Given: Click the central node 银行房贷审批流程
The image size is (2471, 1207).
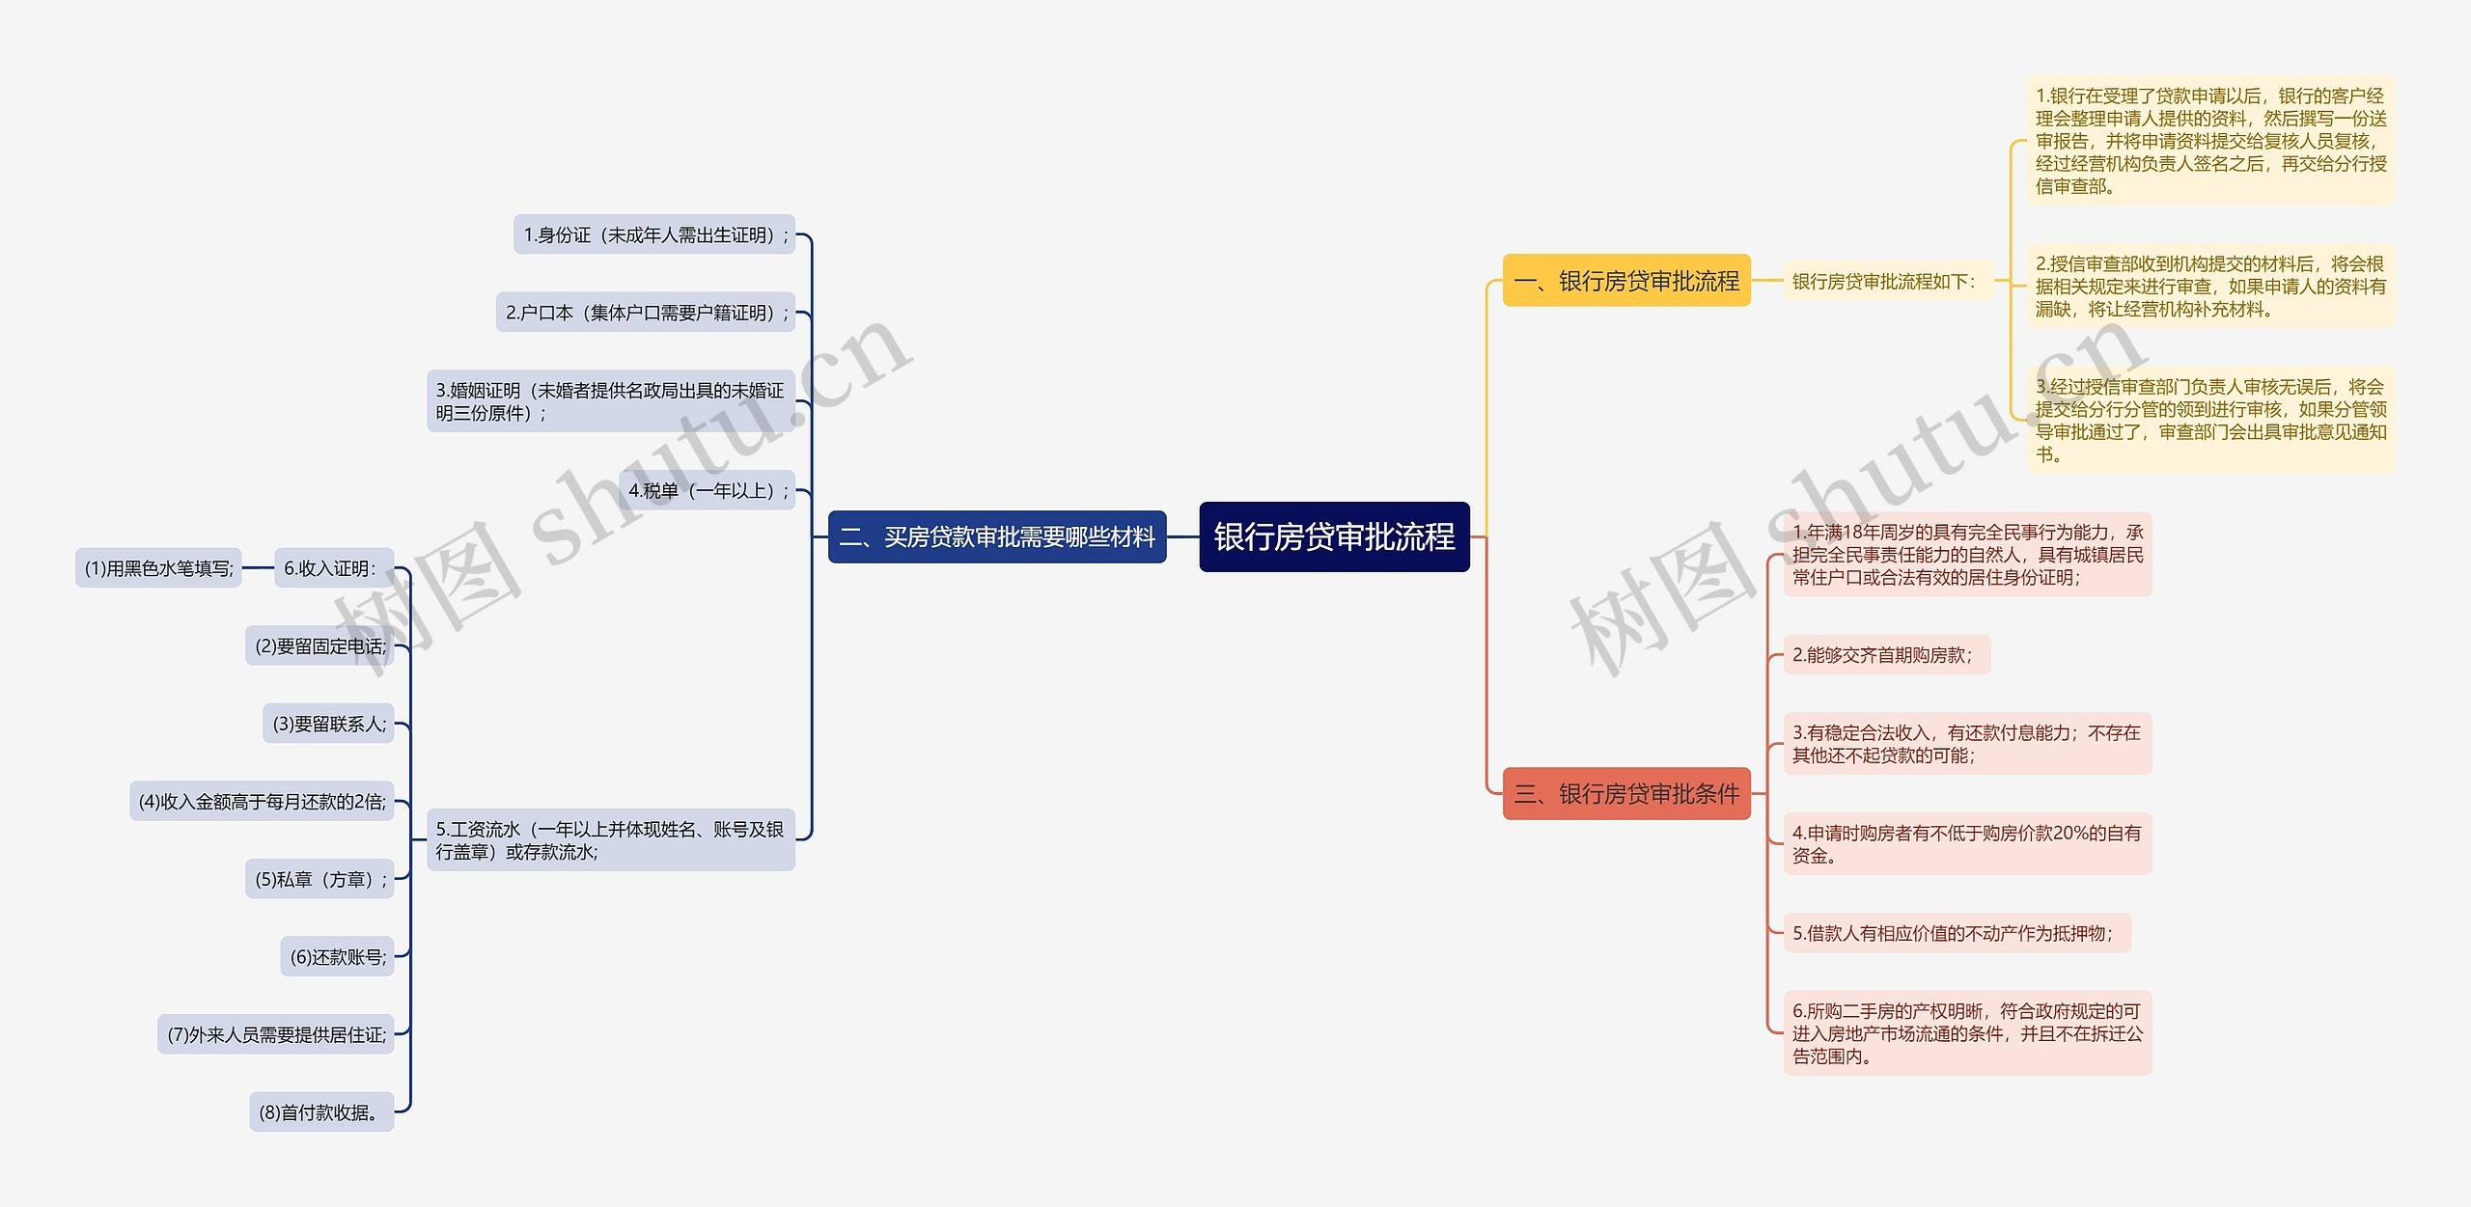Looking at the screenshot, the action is (x=1334, y=536).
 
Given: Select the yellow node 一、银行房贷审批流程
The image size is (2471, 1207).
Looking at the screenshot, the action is (x=1626, y=281).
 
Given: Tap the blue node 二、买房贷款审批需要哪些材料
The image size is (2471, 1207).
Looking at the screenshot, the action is (x=997, y=536).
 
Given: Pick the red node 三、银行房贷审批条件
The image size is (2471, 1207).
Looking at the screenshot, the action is (x=1626, y=794).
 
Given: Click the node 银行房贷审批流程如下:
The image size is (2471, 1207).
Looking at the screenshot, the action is (x=1885, y=281).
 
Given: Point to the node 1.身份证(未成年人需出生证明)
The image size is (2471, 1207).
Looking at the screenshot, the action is (x=654, y=234).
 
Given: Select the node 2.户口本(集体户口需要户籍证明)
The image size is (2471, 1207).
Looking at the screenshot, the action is (x=646, y=313).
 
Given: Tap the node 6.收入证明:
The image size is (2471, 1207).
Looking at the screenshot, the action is (x=332, y=568).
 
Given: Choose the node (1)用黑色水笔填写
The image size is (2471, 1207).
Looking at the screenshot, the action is (x=159, y=568).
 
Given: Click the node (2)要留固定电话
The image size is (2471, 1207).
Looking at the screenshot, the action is (x=320, y=646).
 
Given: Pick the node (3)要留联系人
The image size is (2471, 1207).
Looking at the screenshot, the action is (x=329, y=724).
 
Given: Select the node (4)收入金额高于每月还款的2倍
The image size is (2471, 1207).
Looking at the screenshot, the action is (x=262, y=801).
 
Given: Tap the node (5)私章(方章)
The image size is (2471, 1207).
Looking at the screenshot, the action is (x=320, y=879).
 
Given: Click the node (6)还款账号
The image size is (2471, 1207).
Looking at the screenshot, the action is (x=338, y=957).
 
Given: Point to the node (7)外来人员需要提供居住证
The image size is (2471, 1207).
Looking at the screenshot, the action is (x=276, y=1034).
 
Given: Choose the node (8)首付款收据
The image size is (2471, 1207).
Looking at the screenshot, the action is (x=321, y=1112).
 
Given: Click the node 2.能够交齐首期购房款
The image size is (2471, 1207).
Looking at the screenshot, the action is (x=1886, y=655).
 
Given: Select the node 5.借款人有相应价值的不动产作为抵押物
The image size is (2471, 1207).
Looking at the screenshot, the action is (x=1957, y=933).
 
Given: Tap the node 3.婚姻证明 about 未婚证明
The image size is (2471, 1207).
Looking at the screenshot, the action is (x=611, y=401).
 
